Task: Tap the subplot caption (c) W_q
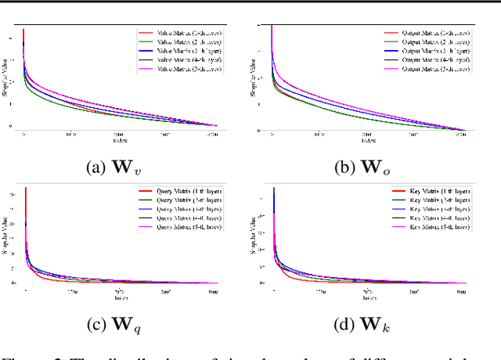[x=123, y=322]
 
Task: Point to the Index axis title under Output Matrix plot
[x=366, y=141]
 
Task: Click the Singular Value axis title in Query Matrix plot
[x=10, y=235]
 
